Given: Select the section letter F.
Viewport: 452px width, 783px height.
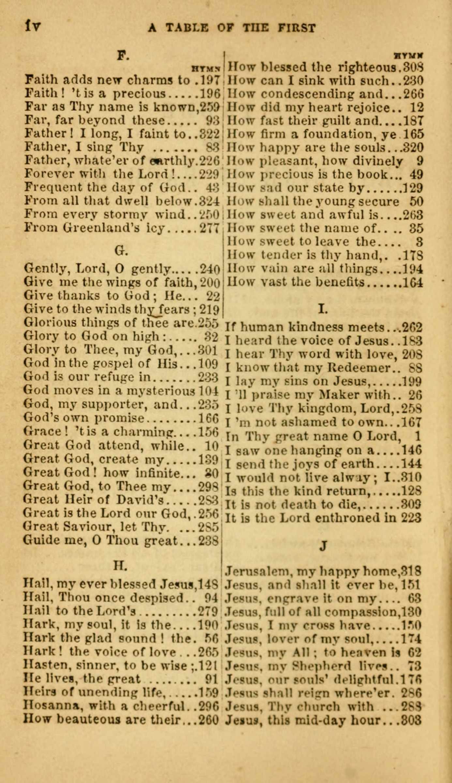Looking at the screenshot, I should (123, 56).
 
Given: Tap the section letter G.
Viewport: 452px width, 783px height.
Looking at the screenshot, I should (121, 251).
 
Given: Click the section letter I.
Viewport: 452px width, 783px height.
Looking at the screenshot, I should (323, 308).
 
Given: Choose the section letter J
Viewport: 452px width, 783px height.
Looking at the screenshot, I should (323, 545).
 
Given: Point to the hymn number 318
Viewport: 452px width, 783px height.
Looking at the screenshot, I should (411, 572).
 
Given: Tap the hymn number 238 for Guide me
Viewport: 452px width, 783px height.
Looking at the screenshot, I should (208, 541).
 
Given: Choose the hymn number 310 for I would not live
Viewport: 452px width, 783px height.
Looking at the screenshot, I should (411, 478).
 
